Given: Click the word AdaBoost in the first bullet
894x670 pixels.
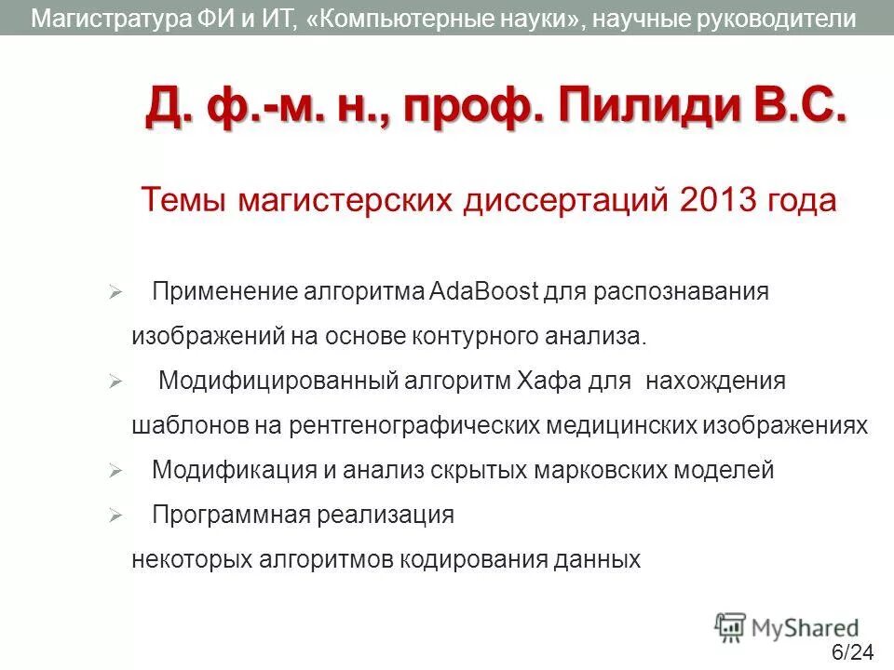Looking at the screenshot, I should tap(485, 291).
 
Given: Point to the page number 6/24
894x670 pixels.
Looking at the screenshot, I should tap(852, 651).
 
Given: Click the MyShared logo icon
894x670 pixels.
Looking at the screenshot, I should tap(730, 628).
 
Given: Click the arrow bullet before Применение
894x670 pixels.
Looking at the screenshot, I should tap(115, 292).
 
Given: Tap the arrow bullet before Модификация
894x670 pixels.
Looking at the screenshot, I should tap(115, 472).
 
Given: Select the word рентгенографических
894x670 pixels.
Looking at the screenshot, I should tap(415, 425).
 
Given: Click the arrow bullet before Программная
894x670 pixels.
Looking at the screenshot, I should tap(115, 516).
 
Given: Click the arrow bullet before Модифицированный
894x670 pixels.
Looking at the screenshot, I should tap(115, 382).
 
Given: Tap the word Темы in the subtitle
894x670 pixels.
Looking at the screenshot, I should tap(182, 200).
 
